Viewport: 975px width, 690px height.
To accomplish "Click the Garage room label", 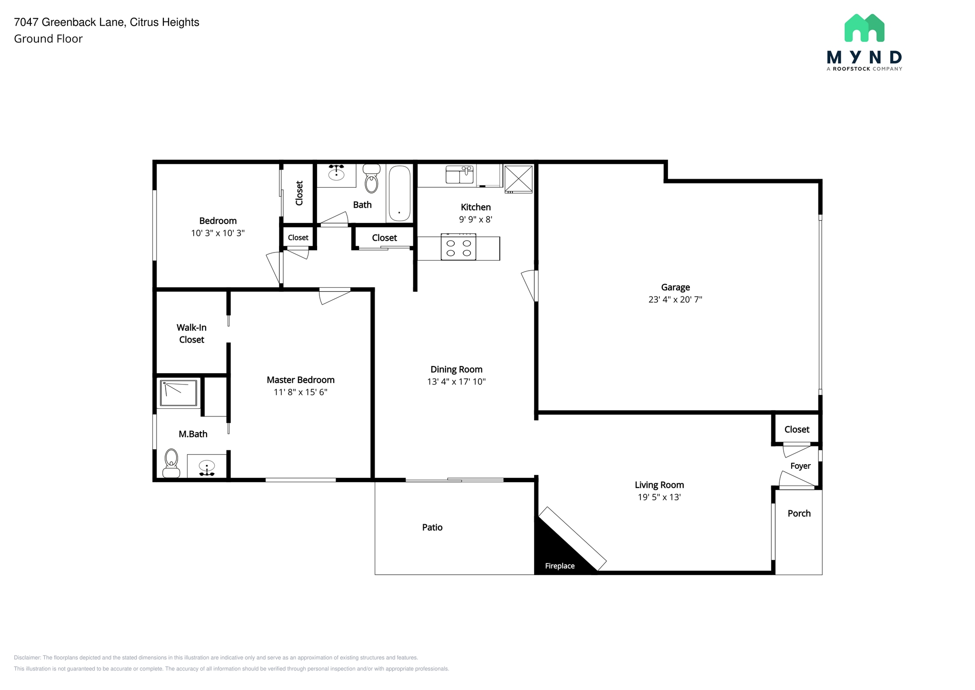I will [675, 287].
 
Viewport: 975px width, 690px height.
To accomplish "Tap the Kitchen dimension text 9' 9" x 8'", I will [475, 220].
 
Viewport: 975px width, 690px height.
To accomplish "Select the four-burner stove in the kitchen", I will [458, 247].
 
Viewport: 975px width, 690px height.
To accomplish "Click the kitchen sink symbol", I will [459, 174].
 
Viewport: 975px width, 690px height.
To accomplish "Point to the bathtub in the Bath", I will [399, 193].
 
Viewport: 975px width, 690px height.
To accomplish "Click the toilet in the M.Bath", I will [171, 463].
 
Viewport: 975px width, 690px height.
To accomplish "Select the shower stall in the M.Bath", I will [179, 393].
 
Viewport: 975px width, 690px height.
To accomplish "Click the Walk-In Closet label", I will [191, 334].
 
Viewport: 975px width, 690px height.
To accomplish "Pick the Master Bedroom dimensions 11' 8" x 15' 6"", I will [300, 392].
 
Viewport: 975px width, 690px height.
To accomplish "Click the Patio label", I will [432, 528].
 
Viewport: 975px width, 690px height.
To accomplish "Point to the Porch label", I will [799, 514].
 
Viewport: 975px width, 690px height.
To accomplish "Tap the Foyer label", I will [800, 466].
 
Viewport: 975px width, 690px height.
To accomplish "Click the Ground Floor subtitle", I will [48, 39].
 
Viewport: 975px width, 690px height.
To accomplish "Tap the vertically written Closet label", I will [299, 193].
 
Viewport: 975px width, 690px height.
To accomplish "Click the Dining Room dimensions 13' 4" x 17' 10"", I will [456, 382].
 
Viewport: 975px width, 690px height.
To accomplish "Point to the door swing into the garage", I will [529, 285].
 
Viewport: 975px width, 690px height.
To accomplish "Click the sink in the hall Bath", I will [337, 173].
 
